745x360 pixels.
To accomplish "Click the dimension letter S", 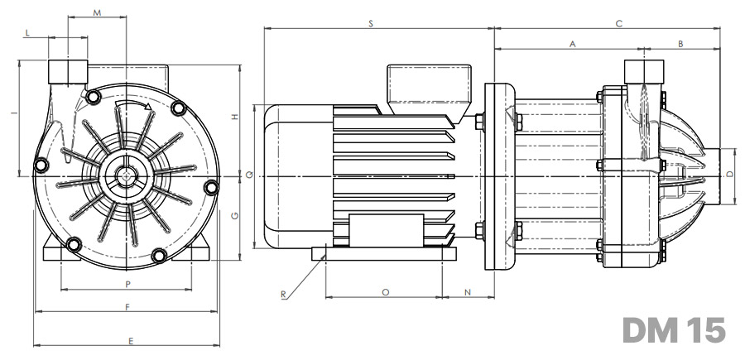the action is pos(371,23).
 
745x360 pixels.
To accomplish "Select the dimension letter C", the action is pos(618,23).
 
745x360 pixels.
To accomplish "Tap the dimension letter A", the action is pos(573,44).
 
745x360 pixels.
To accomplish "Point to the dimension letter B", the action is pos(680,44).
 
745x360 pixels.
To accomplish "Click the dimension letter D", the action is pos(730,175).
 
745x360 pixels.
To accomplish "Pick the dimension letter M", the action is pos(97,12).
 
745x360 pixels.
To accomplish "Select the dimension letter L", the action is pos(27,33).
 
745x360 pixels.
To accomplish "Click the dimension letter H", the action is pos(235,117).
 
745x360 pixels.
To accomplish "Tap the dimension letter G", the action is pos(235,216).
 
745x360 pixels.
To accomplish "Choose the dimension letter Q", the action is pos(249,175).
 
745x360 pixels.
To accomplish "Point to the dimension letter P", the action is pos(127,284).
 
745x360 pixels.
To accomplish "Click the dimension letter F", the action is pos(127,307).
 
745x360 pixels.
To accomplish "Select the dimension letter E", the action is pos(131,340).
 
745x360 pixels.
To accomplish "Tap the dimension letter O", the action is pos(385,292).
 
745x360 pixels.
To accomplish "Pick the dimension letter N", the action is pos(468,292).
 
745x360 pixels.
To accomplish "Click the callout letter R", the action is pos(283,295).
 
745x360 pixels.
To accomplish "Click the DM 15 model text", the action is pos(674,329).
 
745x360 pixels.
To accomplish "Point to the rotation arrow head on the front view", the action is pos(148,107).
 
